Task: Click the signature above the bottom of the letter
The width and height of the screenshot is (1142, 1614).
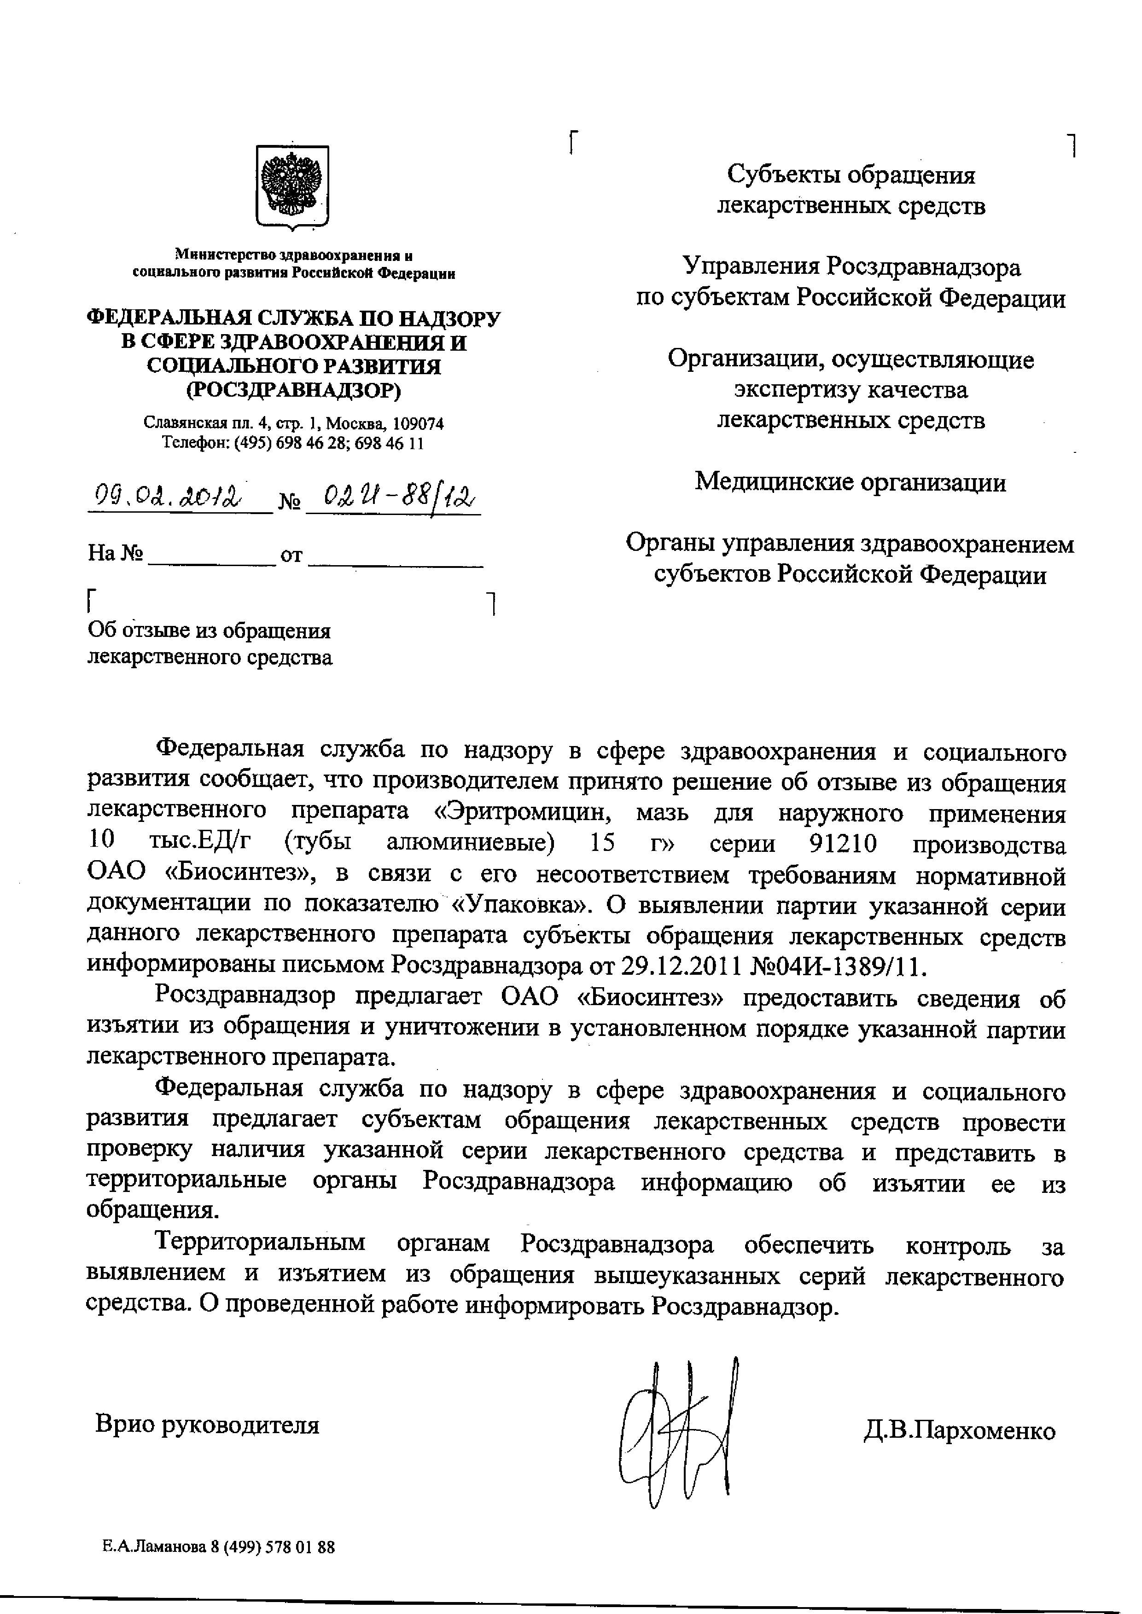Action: click(x=679, y=1434)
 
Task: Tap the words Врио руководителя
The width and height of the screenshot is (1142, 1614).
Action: click(x=207, y=1424)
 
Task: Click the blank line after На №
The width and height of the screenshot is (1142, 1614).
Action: click(x=210, y=557)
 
